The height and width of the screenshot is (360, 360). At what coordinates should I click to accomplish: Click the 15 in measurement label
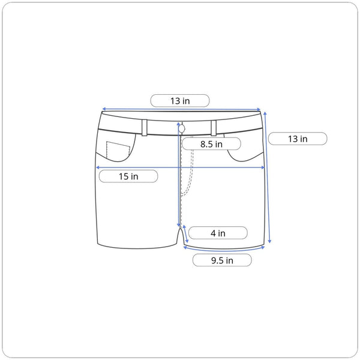point(128,176)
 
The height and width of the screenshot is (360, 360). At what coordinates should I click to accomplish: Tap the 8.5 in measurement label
point(211,144)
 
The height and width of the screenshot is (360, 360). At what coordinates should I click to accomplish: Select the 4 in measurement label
point(218,233)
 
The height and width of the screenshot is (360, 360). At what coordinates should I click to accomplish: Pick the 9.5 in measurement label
point(222,260)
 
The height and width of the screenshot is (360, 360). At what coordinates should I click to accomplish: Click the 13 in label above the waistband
point(180,101)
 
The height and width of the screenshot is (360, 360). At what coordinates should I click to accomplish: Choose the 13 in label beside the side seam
point(298,139)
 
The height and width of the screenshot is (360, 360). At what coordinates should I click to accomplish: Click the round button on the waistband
point(182,129)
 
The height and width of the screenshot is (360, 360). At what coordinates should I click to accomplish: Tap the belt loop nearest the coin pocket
point(145,128)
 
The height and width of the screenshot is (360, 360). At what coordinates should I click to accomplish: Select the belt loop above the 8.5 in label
point(214,128)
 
